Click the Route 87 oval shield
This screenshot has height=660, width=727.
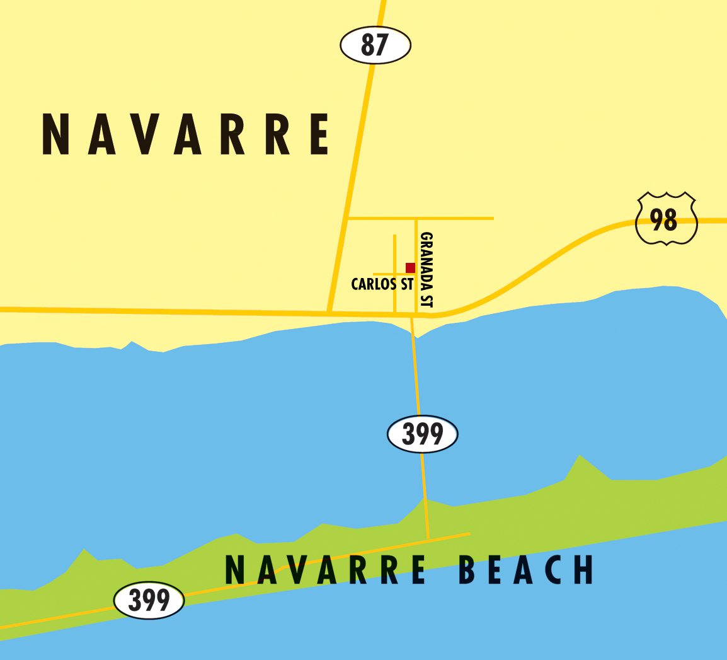[375, 45]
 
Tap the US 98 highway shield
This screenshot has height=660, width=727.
[667, 218]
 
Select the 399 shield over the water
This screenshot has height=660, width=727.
[422, 434]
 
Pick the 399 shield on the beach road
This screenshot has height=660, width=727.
[149, 600]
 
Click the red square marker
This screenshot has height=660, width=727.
[410, 268]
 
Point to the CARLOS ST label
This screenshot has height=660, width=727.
[382, 284]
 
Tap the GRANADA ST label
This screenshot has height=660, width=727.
[426, 270]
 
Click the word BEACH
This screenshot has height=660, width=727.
[526, 570]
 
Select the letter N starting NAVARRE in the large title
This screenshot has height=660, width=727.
[55, 134]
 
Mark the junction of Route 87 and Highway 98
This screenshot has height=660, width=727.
[329, 311]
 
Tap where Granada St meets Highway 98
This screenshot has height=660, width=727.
[416, 313]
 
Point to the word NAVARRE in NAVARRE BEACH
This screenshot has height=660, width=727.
[326, 570]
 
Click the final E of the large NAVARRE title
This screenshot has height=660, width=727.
[319, 134]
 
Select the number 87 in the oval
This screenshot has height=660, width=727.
[375, 45]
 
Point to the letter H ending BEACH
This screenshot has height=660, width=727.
[584, 570]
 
